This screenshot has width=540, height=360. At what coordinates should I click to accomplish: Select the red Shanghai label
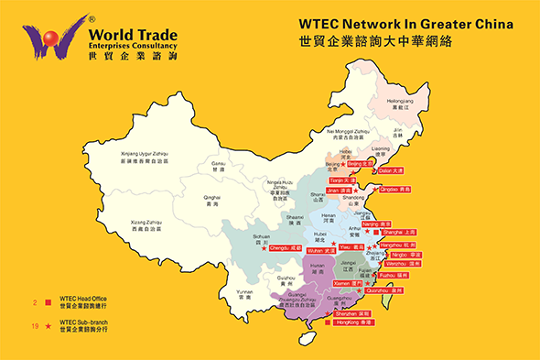tap(398, 232)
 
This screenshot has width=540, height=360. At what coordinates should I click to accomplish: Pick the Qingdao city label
tap(394, 189)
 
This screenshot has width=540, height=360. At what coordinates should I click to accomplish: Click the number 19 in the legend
tap(34, 325)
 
